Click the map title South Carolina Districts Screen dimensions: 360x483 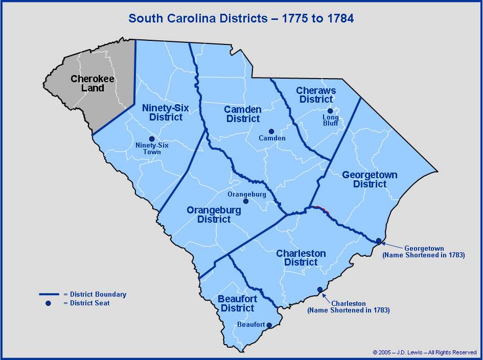241,19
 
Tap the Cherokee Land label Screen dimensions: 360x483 93,83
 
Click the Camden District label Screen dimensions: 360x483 243,114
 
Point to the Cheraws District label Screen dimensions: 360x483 316,95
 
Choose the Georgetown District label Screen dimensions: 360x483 370,179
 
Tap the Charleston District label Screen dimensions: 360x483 301,258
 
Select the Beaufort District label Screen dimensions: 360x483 236,303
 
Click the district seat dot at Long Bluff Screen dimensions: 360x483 330,111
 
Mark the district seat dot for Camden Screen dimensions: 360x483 271,131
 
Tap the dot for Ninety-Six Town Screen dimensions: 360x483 151,139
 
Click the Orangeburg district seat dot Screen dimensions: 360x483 246,201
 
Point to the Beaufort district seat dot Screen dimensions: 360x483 269,325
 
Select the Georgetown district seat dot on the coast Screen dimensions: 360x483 379,241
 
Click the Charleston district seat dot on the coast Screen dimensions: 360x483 320,290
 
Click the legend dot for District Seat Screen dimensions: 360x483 49,303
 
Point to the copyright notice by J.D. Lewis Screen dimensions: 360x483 425,352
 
